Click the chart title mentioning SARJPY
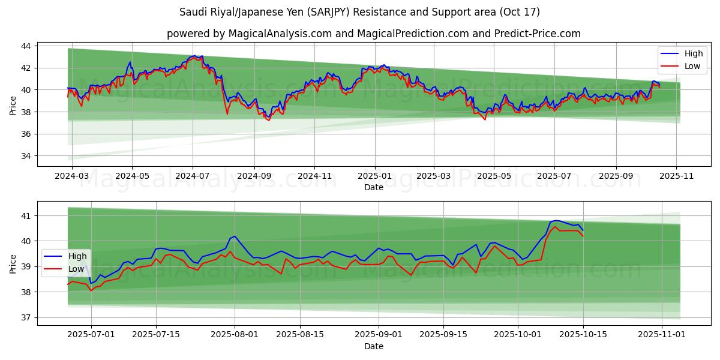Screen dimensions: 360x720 (x=359, y=12)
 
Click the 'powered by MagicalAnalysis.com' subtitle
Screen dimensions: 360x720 (x=373, y=34)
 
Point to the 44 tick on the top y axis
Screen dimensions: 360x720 (x=27, y=46)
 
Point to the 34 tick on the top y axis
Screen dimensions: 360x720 (x=27, y=156)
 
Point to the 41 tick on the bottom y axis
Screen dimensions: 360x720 (x=27, y=215)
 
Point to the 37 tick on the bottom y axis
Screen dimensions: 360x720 (x=27, y=317)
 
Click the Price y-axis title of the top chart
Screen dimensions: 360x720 (x=13, y=105)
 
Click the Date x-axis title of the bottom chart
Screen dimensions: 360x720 (x=373, y=347)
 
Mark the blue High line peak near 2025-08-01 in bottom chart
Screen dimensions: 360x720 (x=234, y=236)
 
